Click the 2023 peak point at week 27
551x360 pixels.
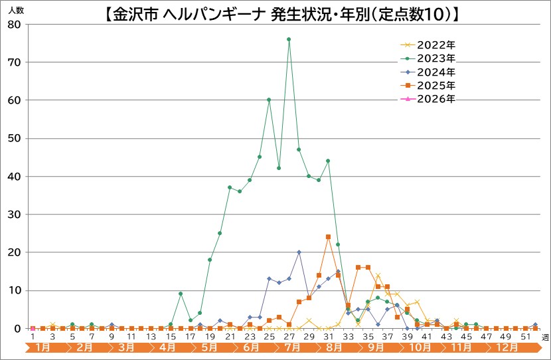pyautogui.click(x=289, y=39)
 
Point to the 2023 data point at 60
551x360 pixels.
pyautogui.click(x=269, y=100)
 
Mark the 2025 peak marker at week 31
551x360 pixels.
pyautogui.click(x=328, y=237)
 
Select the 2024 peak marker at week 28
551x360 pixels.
pyautogui.click(x=299, y=252)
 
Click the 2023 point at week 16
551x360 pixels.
pyautogui.click(x=181, y=294)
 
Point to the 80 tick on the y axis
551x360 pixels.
pyautogui.click(x=15, y=25)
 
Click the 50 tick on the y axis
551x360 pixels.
pyautogui.click(x=15, y=138)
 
